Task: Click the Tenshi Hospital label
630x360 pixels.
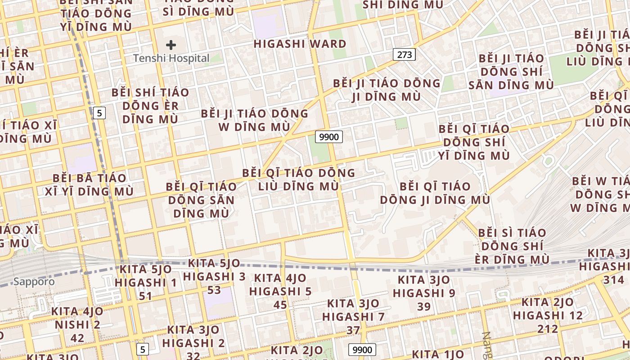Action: [x=171, y=58]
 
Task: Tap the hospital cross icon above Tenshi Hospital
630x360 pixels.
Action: [x=171, y=45]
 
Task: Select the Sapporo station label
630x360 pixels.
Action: [x=34, y=282]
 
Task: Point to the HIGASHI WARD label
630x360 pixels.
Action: [x=300, y=44]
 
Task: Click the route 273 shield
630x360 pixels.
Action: [x=404, y=55]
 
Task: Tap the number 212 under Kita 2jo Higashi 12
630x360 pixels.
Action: [x=548, y=329]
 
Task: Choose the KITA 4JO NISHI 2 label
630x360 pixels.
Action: [x=77, y=324]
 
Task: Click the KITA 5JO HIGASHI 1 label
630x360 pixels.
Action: [x=146, y=283]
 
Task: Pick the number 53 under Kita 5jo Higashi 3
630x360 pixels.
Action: [x=214, y=289]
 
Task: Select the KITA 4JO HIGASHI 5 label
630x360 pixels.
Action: [x=280, y=291]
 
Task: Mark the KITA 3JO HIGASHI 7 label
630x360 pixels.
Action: [x=353, y=316]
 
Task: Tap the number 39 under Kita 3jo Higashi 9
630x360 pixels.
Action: [x=424, y=306]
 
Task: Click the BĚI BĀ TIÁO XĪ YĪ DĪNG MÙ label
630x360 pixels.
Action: [x=90, y=184]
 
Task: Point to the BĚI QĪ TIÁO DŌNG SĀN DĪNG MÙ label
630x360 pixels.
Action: [x=201, y=199]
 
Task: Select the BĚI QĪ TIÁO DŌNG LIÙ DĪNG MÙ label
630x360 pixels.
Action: [x=299, y=179]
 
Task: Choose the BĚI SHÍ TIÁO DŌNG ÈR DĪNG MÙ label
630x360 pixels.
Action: [x=150, y=106]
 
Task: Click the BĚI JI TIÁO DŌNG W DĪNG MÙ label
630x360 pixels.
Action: [x=255, y=120]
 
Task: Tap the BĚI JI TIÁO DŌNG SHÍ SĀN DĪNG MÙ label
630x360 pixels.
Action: [x=511, y=72]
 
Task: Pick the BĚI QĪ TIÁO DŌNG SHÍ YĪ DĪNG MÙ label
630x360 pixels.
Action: [x=474, y=142]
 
